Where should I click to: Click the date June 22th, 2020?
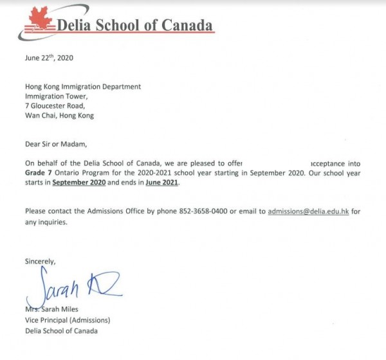(49, 58)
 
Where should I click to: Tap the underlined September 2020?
(80, 183)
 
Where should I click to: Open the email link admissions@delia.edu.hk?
(308, 212)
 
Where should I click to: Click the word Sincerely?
(41, 261)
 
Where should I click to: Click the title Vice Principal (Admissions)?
(68, 321)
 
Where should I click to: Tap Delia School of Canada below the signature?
(62, 330)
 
